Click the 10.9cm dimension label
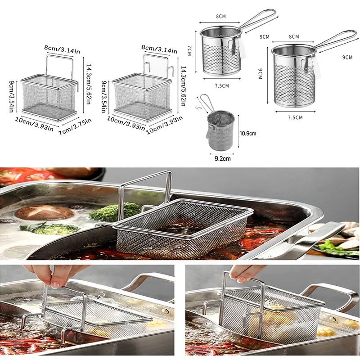247,133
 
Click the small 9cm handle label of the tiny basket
198,108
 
